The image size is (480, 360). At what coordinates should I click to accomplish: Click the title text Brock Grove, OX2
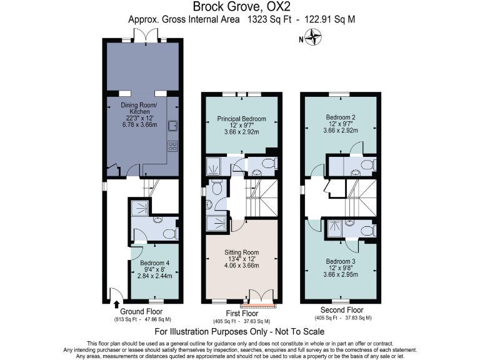tap(240, 7)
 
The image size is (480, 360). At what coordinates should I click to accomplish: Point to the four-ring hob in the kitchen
tap(172, 147)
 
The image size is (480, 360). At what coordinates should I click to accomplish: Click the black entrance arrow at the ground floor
tap(117, 305)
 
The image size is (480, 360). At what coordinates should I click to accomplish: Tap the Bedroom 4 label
tap(154, 263)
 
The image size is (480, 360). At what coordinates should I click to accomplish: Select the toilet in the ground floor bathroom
tap(167, 234)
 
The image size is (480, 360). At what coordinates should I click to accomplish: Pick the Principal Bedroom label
tap(241, 119)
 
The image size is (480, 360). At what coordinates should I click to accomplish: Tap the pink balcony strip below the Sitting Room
tap(259, 306)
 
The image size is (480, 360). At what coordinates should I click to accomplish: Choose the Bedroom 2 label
tap(341, 117)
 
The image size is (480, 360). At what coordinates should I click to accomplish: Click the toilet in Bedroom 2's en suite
tap(369, 166)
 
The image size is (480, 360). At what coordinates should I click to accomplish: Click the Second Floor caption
tap(341, 310)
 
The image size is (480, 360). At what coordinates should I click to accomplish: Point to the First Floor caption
tap(241, 312)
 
